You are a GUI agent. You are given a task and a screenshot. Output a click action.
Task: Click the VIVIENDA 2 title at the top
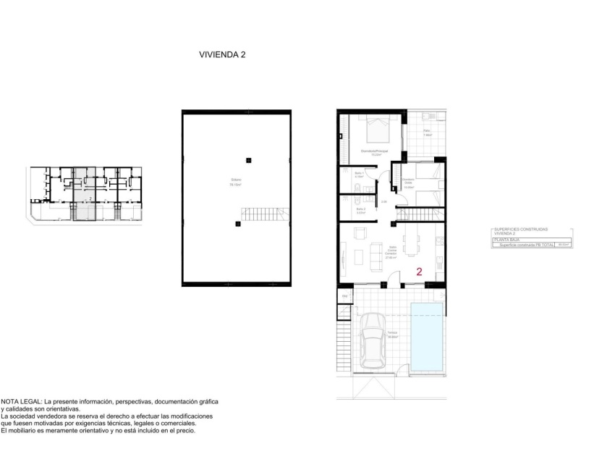(222, 54)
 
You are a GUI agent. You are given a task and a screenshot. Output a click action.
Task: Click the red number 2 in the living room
(420, 272)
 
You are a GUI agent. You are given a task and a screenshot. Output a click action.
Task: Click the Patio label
(428, 131)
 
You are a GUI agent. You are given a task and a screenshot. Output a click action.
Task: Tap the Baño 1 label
(360, 174)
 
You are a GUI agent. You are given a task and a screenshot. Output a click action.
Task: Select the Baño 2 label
(360, 209)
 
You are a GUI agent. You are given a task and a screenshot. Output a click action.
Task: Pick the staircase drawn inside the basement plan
(265, 215)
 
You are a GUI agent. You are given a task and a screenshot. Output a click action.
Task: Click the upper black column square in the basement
(248, 160)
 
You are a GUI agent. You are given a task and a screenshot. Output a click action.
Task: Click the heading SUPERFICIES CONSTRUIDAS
(520, 229)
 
